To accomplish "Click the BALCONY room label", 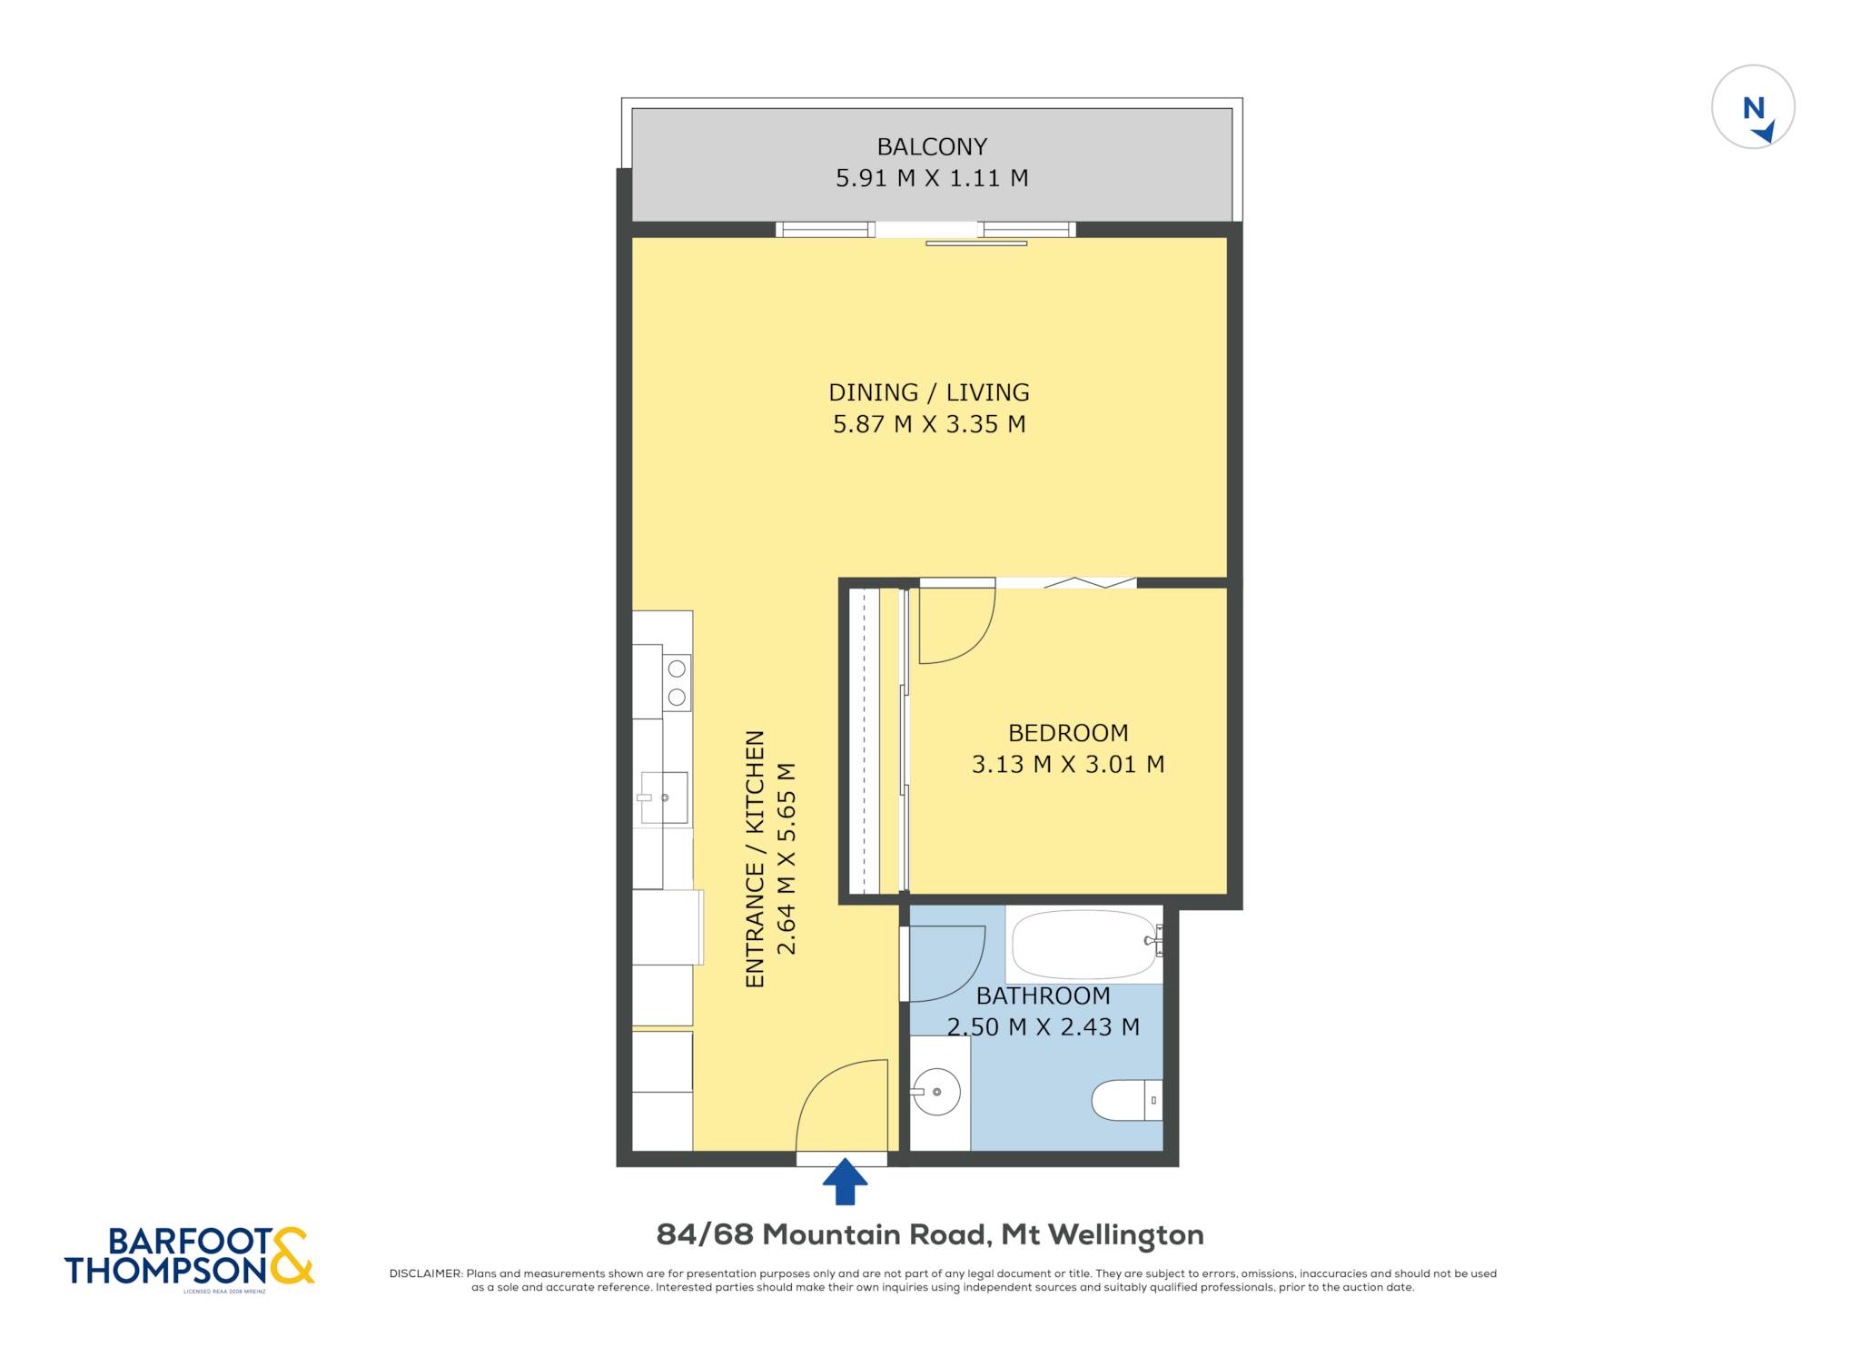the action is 931,146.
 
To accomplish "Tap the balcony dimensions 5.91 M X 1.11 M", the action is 932,178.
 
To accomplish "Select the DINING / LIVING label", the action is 929,392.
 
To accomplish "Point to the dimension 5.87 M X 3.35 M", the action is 929,424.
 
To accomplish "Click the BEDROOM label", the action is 1068,733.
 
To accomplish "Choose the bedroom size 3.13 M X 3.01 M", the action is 1068,765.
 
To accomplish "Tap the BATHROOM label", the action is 1043,996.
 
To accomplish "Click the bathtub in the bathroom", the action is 1084,945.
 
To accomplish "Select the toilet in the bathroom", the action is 1127,1100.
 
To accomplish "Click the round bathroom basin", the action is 936,1092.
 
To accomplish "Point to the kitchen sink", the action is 664,797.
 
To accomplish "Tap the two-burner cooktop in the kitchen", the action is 677,682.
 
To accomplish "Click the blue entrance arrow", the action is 845,1181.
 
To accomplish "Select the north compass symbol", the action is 1753,107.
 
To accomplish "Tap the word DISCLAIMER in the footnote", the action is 425,1273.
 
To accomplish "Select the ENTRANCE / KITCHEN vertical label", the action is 755,859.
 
